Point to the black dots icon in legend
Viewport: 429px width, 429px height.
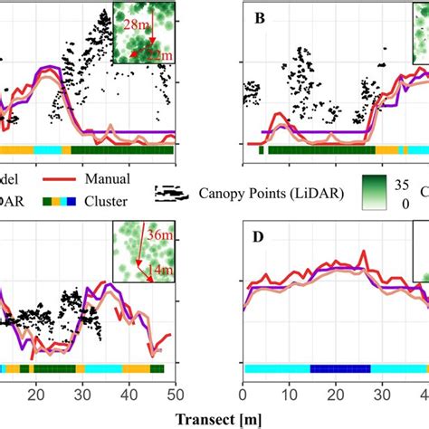(x=182, y=192)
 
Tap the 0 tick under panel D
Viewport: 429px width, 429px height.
(x=243, y=396)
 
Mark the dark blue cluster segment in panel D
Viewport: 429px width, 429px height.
(x=340, y=368)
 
